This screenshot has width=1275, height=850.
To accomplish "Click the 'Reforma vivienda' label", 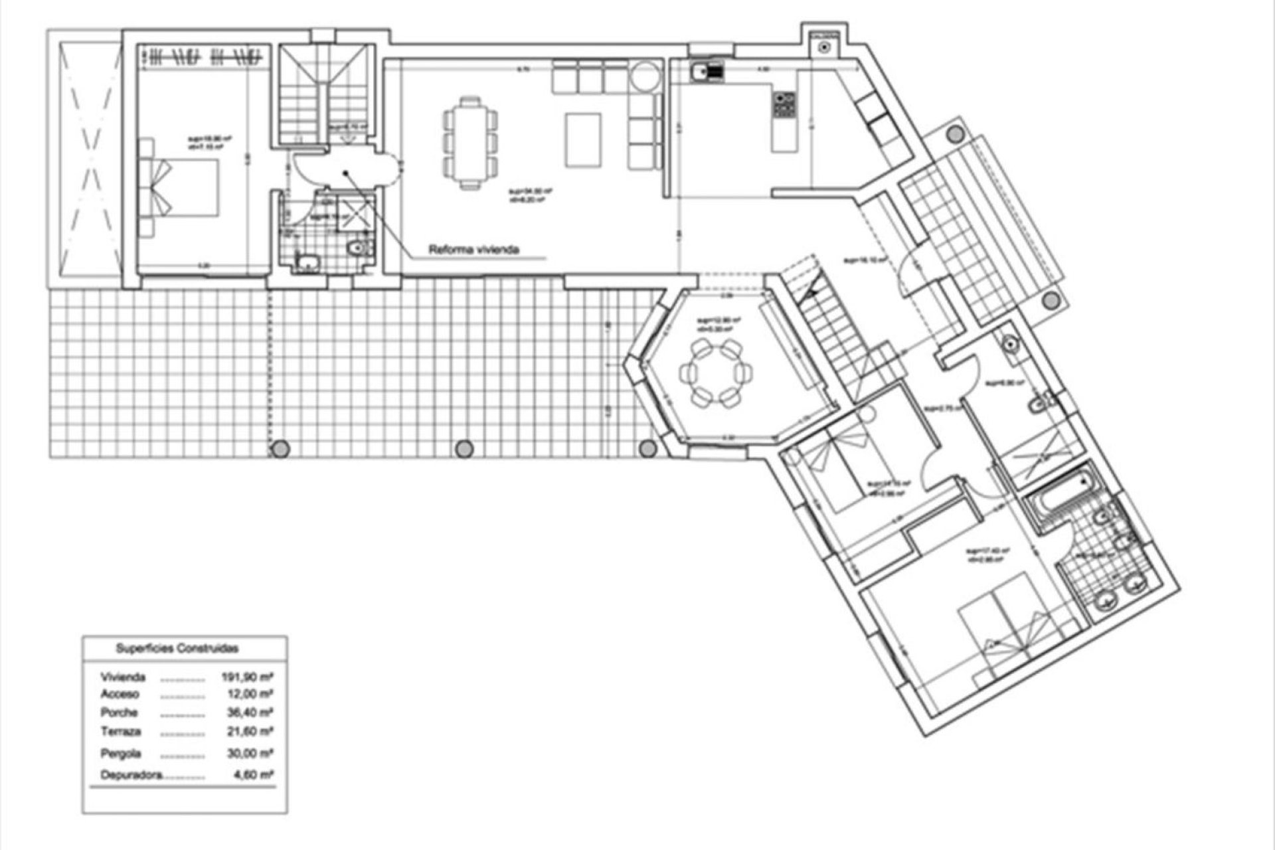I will tap(473, 250).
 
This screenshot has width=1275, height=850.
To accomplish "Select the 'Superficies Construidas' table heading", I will tap(177, 648).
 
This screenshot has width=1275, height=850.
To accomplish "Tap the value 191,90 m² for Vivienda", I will tap(247, 677).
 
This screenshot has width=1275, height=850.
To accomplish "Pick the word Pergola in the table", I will tap(121, 754).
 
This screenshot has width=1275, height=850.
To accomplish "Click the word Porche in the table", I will tap(120, 713).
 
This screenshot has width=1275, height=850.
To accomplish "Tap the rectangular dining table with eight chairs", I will tap(470, 143).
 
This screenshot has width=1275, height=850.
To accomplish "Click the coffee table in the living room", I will tap(583, 139).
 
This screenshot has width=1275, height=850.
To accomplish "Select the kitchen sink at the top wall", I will tap(706, 71).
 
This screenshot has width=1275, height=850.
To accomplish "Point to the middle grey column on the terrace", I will tap(465, 449).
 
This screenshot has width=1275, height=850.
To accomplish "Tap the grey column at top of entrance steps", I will tap(956, 134).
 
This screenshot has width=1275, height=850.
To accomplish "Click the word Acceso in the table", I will tap(120, 694).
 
